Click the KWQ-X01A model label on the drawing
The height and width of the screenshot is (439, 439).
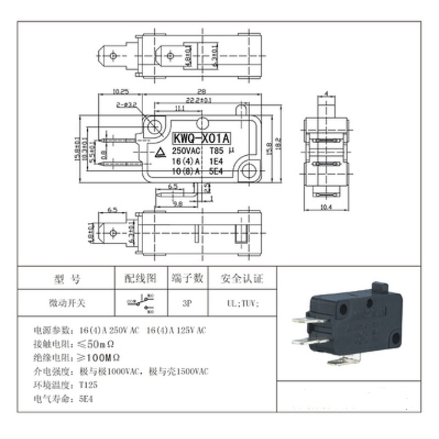[201, 138]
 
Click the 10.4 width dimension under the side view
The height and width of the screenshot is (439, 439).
[327, 206]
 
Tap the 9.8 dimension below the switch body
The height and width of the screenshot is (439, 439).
[178, 203]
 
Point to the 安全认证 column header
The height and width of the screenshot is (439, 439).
[241, 279]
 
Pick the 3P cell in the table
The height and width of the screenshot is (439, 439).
[187, 303]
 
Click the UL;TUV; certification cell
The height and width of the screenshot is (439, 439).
[241, 303]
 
